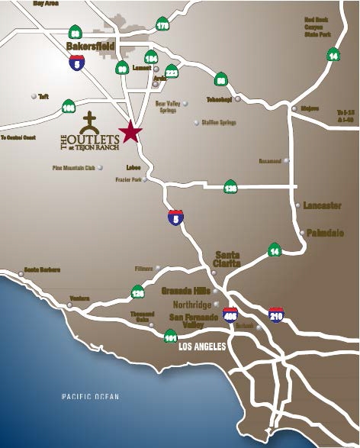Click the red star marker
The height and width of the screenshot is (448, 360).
(130, 131)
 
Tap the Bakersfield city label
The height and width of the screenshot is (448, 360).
(90, 46)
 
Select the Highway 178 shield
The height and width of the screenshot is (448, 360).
(162, 25)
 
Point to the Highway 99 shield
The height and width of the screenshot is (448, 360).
(122, 69)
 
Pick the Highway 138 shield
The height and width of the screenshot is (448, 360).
(230, 187)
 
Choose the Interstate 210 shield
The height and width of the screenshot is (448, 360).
(276, 314)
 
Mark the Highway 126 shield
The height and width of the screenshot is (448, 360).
(138, 291)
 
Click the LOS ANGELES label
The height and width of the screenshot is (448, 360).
(202, 346)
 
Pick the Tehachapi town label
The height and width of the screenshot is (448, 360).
(220, 98)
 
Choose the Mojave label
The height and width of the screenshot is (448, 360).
(309, 108)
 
